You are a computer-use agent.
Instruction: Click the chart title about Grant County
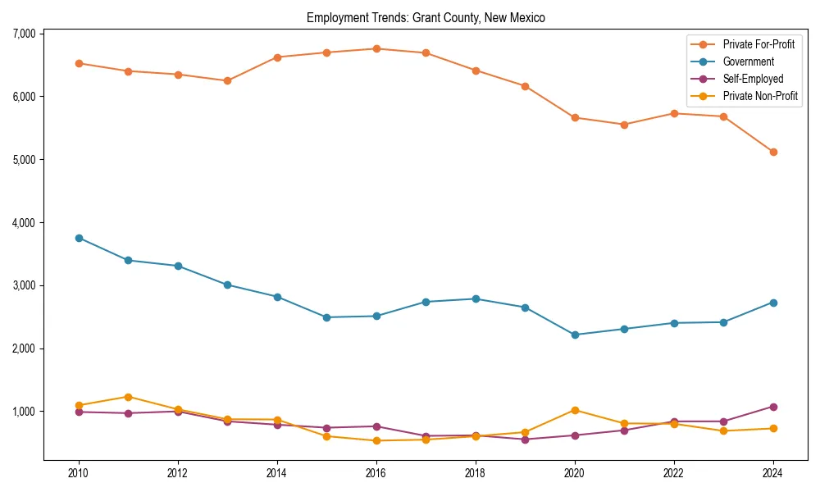(x=426, y=17)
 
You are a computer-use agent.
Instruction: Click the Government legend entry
(x=748, y=61)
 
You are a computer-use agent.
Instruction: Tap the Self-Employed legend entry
(x=753, y=79)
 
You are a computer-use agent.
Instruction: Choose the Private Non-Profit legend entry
(x=760, y=96)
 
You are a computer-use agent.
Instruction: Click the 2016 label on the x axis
(x=376, y=473)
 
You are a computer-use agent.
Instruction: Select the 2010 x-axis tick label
(x=79, y=473)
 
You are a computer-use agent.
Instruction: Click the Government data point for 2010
(x=79, y=238)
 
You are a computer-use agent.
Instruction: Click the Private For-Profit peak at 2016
(x=376, y=48)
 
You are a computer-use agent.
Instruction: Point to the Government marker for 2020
(x=575, y=335)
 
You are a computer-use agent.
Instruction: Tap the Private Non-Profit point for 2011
(x=128, y=397)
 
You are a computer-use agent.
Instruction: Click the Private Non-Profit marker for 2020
(x=575, y=410)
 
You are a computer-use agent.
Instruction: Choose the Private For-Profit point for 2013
(x=227, y=80)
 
